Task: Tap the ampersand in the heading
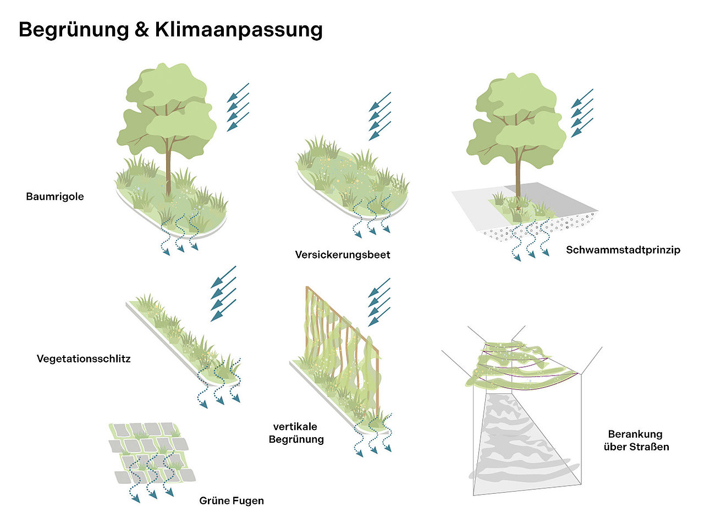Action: pyautogui.click(x=142, y=30)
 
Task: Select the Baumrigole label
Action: pyautogui.click(x=55, y=196)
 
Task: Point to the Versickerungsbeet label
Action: pyautogui.click(x=343, y=255)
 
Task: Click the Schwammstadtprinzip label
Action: pyautogui.click(x=623, y=250)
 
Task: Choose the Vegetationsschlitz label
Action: pyautogui.click(x=84, y=359)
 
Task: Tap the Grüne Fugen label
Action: pyautogui.click(x=232, y=500)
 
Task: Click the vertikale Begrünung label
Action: pyautogui.click(x=296, y=433)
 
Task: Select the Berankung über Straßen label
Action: pyautogui.click(x=636, y=440)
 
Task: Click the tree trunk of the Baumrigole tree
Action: pyautogui.click(x=168, y=167)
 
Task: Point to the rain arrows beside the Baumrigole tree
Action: pyautogui.click(x=238, y=107)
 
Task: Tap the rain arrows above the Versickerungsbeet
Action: pyautogui.click(x=380, y=116)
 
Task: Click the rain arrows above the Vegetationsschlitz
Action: pyautogui.click(x=223, y=293)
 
